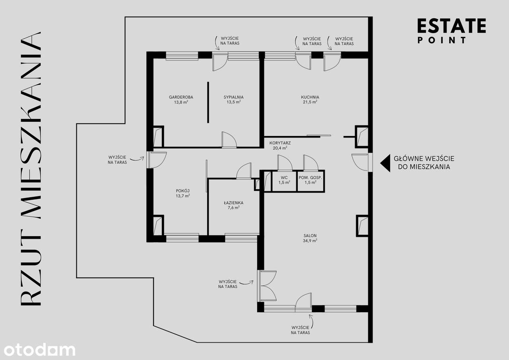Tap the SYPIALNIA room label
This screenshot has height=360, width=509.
pyautogui.click(x=233, y=97)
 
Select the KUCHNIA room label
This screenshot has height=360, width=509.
pyautogui.click(x=310, y=97)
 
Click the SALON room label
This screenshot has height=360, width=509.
pyautogui.click(x=309, y=235)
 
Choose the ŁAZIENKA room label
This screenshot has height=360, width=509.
pyautogui.click(x=233, y=202)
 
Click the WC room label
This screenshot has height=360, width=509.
pyautogui.click(x=284, y=177)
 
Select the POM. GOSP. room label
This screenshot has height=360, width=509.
pyautogui.click(x=310, y=177)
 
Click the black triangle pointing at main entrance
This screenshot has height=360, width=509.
pyautogui.click(x=385, y=163)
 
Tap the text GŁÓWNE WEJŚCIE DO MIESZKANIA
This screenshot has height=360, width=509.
pyautogui.click(x=424, y=163)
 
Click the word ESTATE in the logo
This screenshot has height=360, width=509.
pyautogui.click(x=451, y=26)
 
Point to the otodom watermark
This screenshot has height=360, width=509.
pyautogui.click(x=38, y=350)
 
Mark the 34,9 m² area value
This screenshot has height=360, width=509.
pyautogui.click(x=309, y=241)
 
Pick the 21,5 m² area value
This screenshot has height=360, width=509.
pyautogui.click(x=310, y=102)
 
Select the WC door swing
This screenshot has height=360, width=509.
pyautogui.click(x=285, y=163)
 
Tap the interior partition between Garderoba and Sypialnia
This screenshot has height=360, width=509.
pyautogui.click(x=208, y=102)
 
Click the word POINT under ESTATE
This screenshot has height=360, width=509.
pyautogui.click(x=442, y=40)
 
